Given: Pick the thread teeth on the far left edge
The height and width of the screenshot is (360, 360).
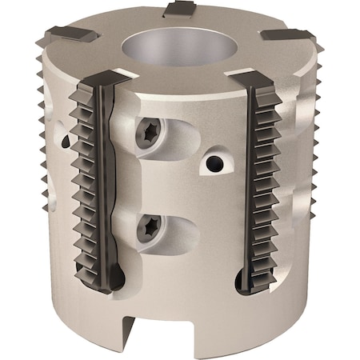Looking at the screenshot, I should pyautogui.click(x=40, y=160).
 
